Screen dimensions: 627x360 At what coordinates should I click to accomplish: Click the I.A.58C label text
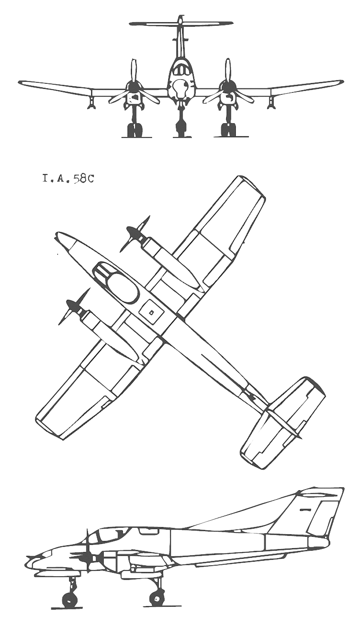pos(68,179)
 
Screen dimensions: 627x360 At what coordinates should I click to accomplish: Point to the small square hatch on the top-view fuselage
pos(151,312)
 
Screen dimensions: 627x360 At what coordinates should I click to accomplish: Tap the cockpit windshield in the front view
pos(181,69)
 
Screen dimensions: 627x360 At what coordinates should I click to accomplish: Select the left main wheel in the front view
pos(134,130)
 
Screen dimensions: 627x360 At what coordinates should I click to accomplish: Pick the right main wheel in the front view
pos(228,130)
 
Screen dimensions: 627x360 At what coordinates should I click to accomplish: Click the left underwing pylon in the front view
pos(91,102)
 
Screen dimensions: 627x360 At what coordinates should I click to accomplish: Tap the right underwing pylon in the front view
pos(271,102)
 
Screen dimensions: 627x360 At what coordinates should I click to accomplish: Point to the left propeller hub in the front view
pos(134,87)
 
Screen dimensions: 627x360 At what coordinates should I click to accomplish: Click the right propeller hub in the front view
pos(228,87)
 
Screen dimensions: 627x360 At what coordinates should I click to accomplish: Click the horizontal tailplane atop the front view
pos(181,23)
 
